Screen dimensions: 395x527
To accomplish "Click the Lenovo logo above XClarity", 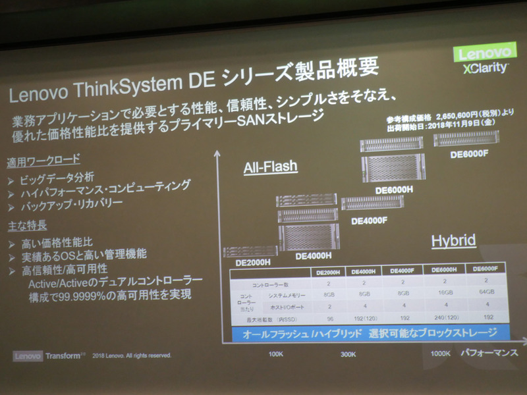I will coord(483,53).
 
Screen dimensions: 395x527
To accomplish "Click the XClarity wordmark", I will coord(484,68).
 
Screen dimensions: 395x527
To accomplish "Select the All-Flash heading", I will coord(271,167).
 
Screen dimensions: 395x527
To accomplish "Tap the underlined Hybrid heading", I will coord(453,241).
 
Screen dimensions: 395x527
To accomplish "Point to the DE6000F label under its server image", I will coord(468,155).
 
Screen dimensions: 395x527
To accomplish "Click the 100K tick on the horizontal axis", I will coord(277,354).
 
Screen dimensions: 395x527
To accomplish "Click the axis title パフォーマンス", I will coord(488,353).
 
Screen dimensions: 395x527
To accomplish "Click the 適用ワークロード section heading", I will coord(43,160).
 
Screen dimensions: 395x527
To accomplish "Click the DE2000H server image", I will coord(250,251).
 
